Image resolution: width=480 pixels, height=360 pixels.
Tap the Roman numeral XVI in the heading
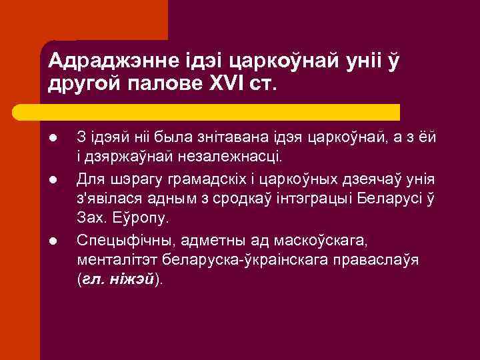coord(227,85)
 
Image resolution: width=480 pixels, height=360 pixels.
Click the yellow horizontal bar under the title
coord(220,111)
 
